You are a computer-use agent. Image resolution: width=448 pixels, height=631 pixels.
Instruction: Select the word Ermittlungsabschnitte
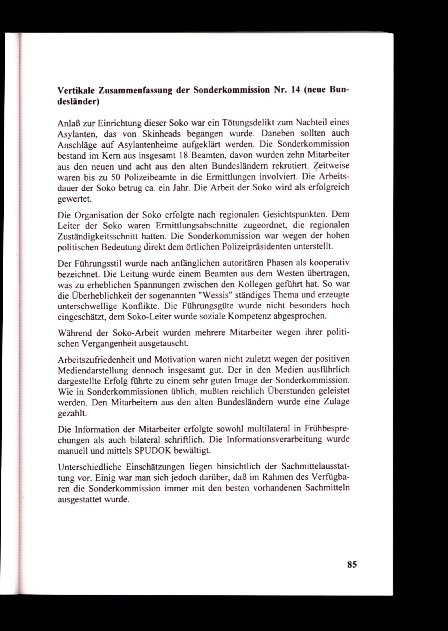(196, 225)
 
